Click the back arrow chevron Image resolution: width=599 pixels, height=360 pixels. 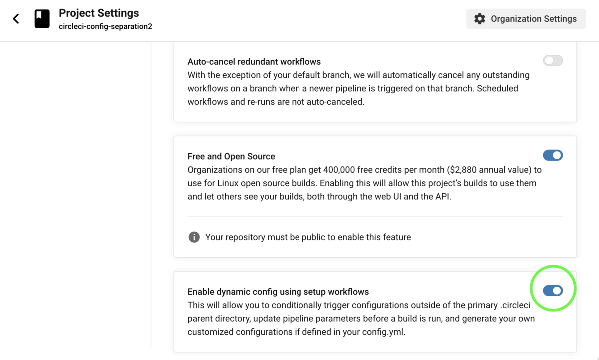point(16,19)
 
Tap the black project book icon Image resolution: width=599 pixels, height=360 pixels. point(42,19)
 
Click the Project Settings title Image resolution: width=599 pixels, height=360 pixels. point(99,13)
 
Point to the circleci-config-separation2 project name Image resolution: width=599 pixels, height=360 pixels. point(105,26)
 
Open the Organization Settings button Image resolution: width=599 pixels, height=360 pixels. point(526,19)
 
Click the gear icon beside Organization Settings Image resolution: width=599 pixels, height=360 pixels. point(480,19)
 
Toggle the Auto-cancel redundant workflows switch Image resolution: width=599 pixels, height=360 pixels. point(553,61)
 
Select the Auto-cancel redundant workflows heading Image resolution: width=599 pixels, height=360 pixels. point(254,62)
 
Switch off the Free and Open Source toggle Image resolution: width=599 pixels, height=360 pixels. point(553,155)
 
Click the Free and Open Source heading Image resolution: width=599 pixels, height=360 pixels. point(231,156)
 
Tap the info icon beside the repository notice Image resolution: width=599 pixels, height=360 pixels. point(194,237)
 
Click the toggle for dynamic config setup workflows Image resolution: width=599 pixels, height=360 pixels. point(553,291)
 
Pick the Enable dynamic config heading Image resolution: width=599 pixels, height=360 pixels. point(278,292)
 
